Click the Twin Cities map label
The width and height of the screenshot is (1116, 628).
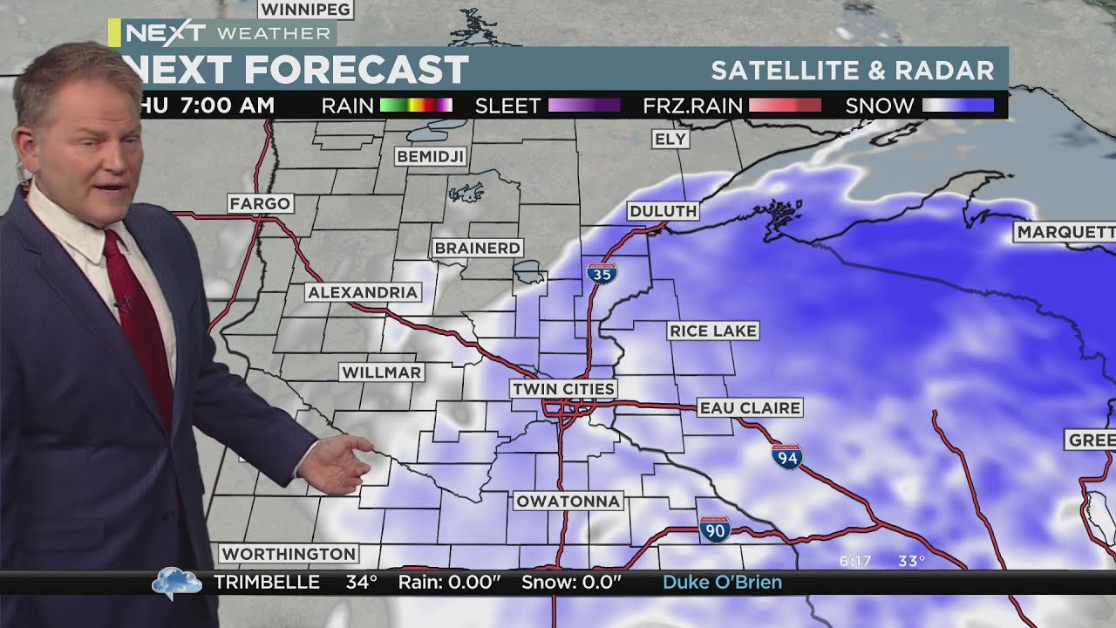click(563, 388)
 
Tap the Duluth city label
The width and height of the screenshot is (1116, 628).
click(663, 211)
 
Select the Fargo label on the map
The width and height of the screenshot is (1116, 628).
click(260, 203)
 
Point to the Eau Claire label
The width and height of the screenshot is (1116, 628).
click(750, 407)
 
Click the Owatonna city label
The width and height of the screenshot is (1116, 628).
click(568, 501)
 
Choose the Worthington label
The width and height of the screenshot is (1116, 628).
click(289, 554)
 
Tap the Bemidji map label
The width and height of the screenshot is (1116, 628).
click(431, 156)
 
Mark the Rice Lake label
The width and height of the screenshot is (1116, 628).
click(713, 331)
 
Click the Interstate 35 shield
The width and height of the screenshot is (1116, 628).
click(602, 274)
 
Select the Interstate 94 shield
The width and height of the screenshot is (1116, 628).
click(786, 456)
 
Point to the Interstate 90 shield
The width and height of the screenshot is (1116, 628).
click(714, 529)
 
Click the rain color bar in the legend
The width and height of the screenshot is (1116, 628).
click(416, 106)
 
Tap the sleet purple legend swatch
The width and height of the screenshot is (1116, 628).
click(584, 106)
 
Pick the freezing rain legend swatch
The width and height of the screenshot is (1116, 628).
click(785, 106)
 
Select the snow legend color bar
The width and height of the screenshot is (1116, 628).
click(958, 106)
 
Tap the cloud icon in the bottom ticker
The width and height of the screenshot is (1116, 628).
click(176, 583)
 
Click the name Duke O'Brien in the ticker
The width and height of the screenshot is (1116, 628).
click(722, 583)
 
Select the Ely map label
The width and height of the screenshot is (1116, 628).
click(670, 139)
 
